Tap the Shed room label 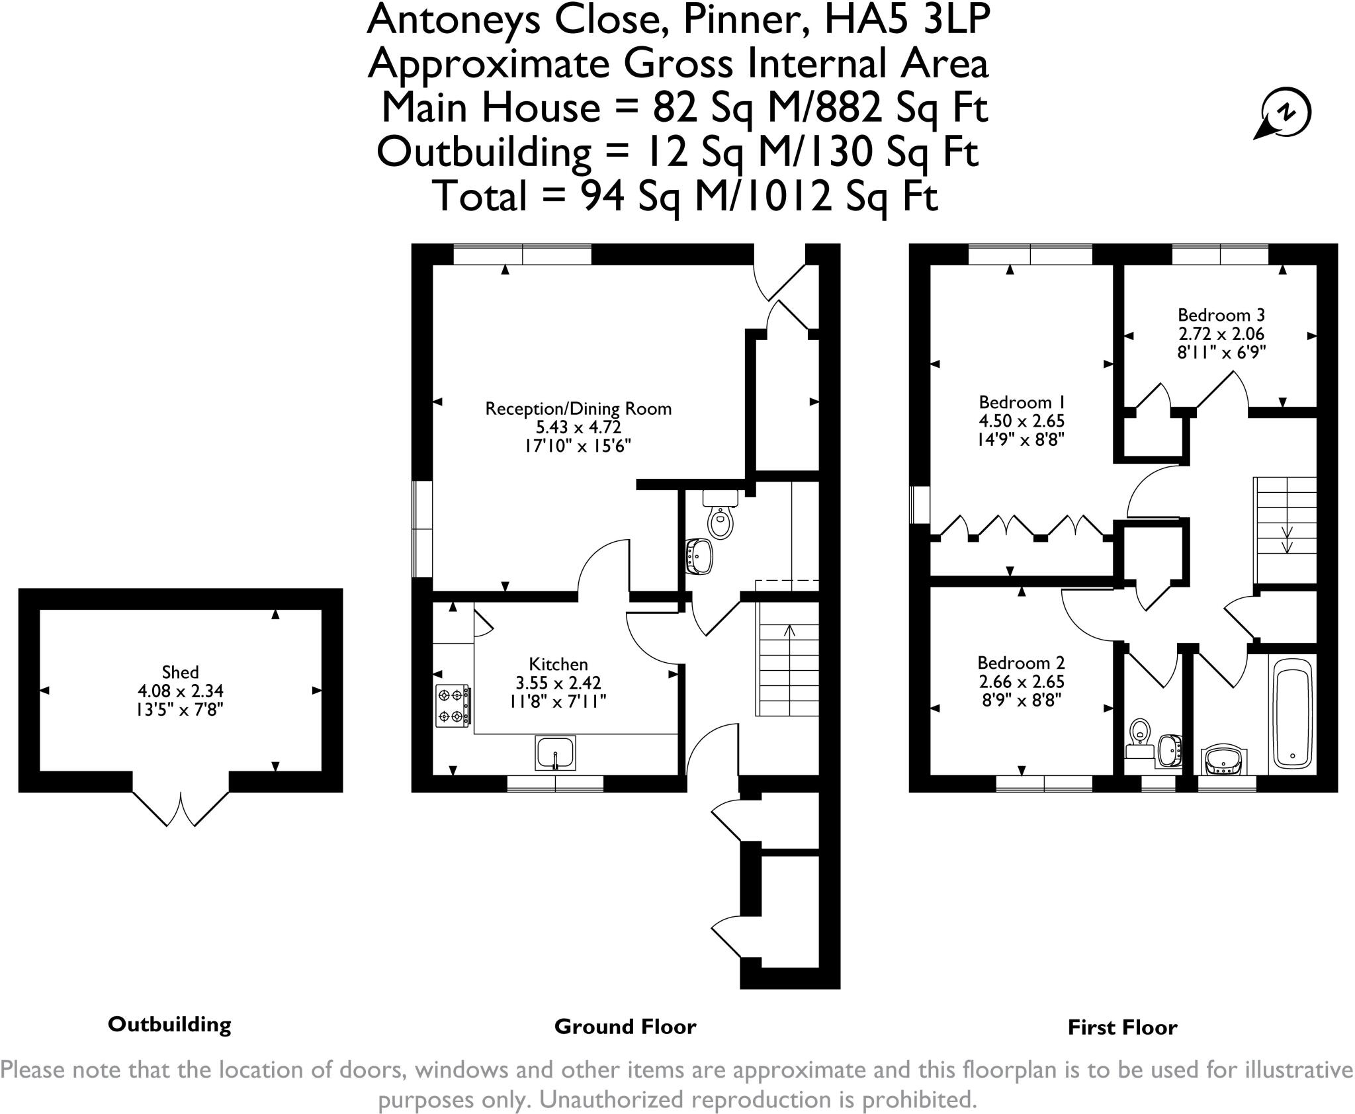coord(180,672)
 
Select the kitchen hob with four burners coord(453,707)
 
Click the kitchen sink coord(555,753)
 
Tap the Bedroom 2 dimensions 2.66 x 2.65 coord(1021,682)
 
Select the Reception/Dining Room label coord(578,409)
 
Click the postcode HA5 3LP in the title coord(907,20)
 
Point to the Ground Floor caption coord(625,1027)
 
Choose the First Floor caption coord(1123,1027)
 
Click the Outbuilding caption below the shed coord(169,1025)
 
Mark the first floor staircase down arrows coord(1288,538)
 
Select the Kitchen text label coord(558,664)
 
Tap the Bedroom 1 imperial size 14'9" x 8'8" coord(1022,439)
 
